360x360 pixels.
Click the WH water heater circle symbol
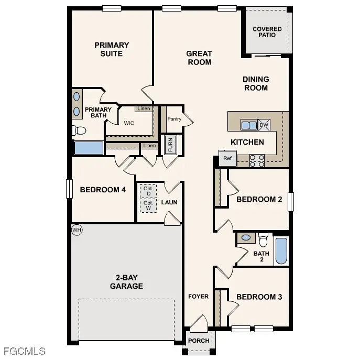77,230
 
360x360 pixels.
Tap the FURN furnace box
170,144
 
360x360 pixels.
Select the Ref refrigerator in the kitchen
227,158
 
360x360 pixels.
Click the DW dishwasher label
264,125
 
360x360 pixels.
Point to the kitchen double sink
248,125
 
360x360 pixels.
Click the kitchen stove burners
257,160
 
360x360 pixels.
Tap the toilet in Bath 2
263,239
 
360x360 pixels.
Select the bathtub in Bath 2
281,251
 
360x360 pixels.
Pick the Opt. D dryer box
148,191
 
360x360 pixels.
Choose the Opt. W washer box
148,205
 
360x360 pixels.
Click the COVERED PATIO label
267,32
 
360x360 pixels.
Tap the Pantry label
174,119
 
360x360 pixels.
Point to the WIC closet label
129,124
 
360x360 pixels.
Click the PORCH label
199,341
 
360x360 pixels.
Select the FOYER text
199,297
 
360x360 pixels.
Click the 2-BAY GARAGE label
126,282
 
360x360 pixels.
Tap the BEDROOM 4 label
103,190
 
